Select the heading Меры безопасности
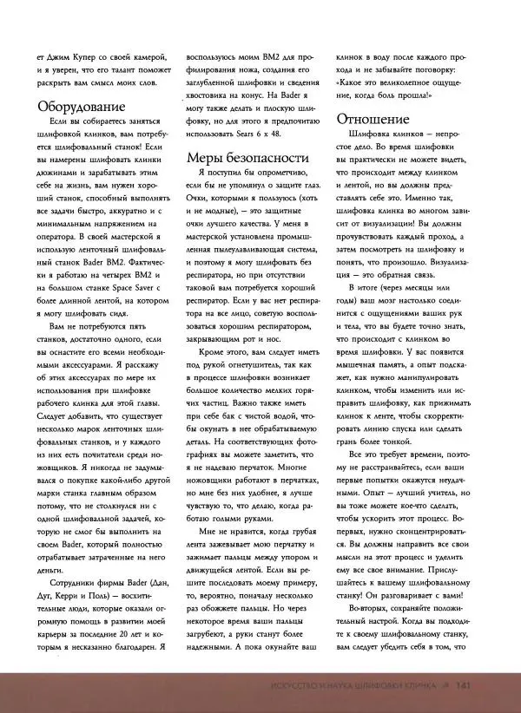247,158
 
